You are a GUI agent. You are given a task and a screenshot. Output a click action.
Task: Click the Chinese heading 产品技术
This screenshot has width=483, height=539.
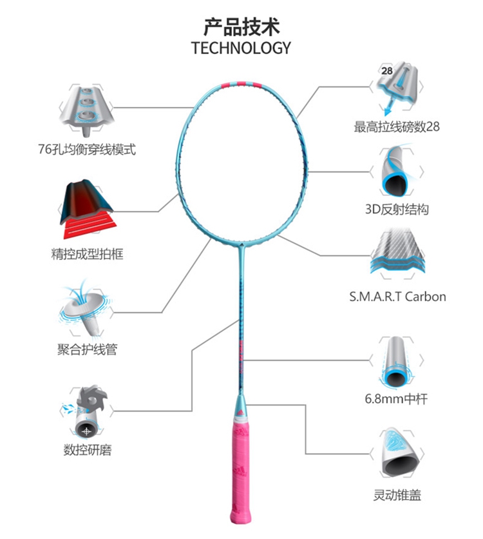click(x=241, y=27)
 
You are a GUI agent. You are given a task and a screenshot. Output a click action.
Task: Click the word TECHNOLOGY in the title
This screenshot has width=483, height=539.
click(x=241, y=48)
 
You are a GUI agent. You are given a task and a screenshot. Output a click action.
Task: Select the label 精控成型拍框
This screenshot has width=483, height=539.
click(x=87, y=254)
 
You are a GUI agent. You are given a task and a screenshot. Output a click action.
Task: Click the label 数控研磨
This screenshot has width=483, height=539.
click(x=87, y=450)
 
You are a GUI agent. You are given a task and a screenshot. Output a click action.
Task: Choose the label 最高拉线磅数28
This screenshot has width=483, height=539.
click(x=397, y=127)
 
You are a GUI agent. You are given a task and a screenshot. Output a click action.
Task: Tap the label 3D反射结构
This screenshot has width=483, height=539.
click(x=397, y=210)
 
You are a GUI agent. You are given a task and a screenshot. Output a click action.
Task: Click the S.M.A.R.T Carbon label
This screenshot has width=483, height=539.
click(x=397, y=297)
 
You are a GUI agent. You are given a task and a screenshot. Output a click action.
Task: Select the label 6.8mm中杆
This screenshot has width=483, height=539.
click(x=397, y=399)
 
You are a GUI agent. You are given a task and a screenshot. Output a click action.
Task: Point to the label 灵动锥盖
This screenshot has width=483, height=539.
click(x=397, y=495)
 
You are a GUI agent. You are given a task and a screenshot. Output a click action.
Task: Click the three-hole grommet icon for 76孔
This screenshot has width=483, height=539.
click(x=87, y=106)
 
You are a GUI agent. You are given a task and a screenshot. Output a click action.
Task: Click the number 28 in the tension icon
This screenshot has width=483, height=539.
click(x=387, y=71)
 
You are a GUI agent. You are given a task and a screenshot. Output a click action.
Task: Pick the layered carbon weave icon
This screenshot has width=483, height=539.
click(x=397, y=255)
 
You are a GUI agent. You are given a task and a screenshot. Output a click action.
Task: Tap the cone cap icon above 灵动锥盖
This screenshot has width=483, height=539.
click(x=397, y=451)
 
